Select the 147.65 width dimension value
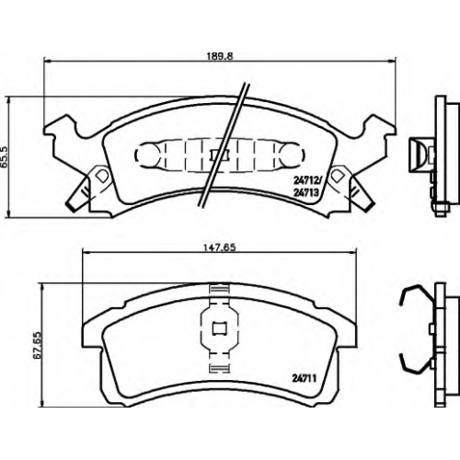pyautogui.click(x=218, y=247)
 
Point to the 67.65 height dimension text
pyautogui.click(x=39, y=345)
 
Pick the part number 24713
pyautogui.click(x=305, y=192)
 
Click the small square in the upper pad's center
pyautogui.click(x=219, y=155)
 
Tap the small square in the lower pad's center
pyautogui.click(x=219, y=328)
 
